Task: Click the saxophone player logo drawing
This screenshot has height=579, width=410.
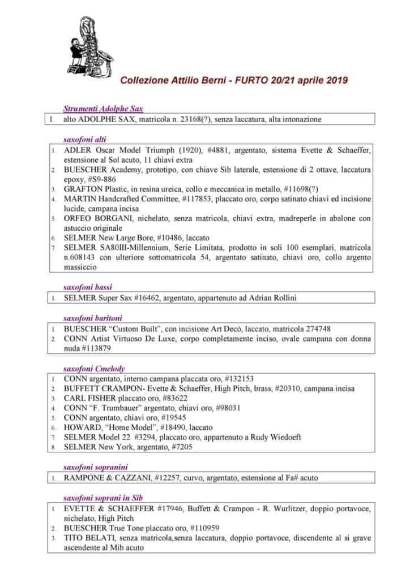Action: click(x=93, y=45)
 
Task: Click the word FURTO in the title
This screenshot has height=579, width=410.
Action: click(x=247, y=80)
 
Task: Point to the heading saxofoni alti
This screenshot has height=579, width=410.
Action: click(x=85, y=139)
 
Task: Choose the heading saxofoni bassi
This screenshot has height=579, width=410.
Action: click(x=87, y=287)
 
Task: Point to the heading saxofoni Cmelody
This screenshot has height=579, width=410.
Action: click(x=94, y=369)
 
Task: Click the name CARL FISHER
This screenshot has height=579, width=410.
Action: click(x=89, y=399)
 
